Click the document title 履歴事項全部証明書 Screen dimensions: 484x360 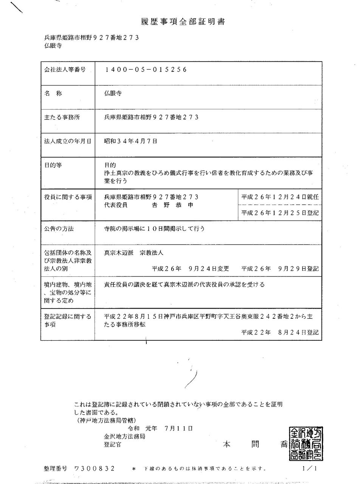pyautogui.click(x=180, y=22)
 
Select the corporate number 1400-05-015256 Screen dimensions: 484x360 pyautogui.click(x=146, y=70)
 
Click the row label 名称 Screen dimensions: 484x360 pyautogui.click(x=53, y=93)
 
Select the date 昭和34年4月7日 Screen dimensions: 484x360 pyautogui.click(x=130, y=141)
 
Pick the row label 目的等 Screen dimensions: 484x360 pyautogui.click(x=54, y=165)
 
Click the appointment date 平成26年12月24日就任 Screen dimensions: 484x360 pyautogui.click(x=280, y=197)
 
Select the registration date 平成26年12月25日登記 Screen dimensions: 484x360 pyautogui.click(x=280, y=213)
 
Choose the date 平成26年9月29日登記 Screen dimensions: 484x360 pyautogui.click(x=280, y=268)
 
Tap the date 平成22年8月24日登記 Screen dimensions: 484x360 pyautogui.click(x=280, y=332)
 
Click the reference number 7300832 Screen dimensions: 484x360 pyautogui.click(x=95, y=468)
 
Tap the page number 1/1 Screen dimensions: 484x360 pyautogui.click(x=309, y=468)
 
